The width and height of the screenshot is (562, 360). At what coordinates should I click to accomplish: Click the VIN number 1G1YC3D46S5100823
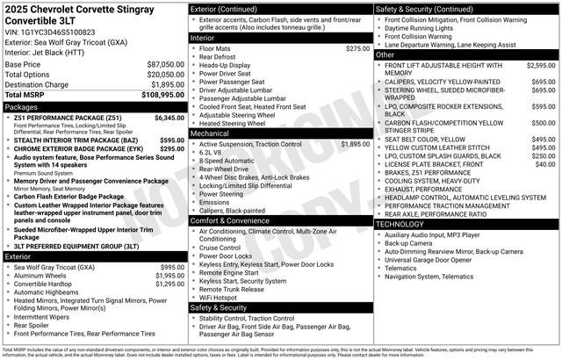(56, 32)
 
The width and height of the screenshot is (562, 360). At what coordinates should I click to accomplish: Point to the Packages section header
(22, 105)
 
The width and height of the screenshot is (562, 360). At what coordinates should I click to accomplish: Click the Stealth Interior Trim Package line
(78, 139)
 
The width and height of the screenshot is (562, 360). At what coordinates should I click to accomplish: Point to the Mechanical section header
(213, 133)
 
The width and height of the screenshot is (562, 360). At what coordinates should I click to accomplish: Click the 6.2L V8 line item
(213, 153)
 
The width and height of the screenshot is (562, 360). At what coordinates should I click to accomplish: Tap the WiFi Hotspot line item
(219, 298)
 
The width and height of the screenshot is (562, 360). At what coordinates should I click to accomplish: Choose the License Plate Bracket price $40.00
(545, 164)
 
